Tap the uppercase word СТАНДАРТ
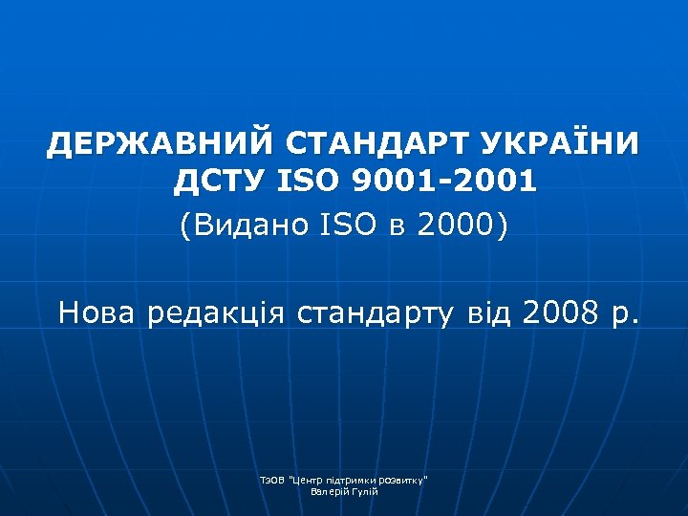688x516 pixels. tap(373, 145)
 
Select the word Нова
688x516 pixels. tap(97, 312)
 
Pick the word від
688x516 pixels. tap(491, 312)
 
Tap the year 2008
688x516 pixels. tap(563, 312)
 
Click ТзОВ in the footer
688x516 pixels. tap(272, 479)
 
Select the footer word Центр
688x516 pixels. tap(307, 479)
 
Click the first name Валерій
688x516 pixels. tap(329, 491)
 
